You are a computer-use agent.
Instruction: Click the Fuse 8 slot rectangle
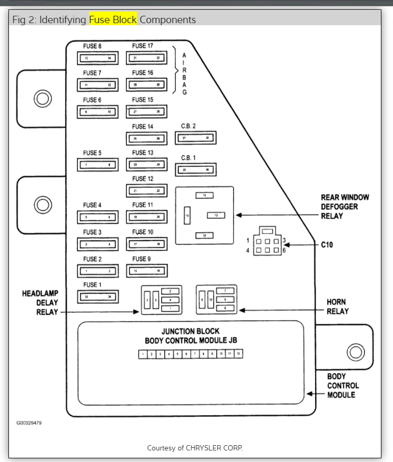[98, 57]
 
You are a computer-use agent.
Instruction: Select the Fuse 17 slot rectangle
[146, 57]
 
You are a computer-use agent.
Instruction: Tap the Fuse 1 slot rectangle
[98, 297]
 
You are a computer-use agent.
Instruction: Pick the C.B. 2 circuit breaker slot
[196, 138]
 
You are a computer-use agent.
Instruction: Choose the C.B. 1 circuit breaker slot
[196, 170]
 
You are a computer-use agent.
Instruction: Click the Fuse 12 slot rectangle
[146, 190]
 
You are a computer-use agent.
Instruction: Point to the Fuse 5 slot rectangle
[98, 165]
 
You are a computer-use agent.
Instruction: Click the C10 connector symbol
[267, 244]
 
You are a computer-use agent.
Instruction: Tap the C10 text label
[327, 245]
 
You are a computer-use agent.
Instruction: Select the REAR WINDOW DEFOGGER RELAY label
[345, 207]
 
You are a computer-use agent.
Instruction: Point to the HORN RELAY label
[337, 306]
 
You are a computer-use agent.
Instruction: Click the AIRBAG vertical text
[184, 74]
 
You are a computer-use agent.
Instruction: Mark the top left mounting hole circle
[42, 98]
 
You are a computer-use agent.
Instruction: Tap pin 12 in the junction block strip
[238, 355]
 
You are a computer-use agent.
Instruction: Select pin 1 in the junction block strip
[143, 355]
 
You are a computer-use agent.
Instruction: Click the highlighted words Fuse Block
[113, 20]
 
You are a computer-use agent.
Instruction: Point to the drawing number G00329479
[29, 423]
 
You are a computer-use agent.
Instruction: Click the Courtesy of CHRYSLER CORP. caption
[195, 448]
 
